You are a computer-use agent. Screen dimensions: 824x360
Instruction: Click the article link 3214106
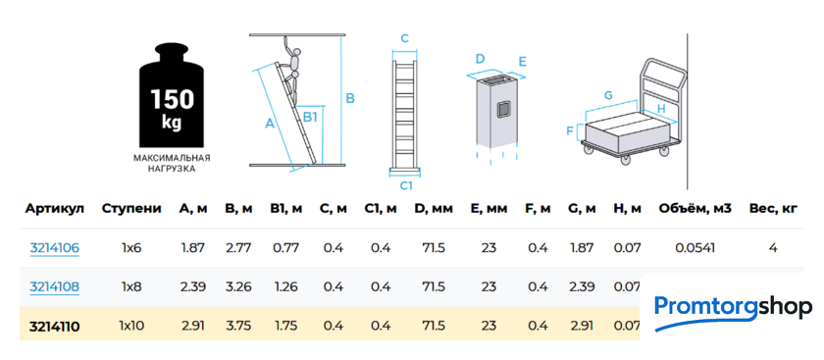tap(55, 247)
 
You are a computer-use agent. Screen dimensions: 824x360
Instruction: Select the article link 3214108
tap(55, 287)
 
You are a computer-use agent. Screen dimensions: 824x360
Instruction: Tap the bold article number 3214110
tap(55, 327)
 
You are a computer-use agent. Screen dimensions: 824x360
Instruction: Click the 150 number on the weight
tap(172, 100)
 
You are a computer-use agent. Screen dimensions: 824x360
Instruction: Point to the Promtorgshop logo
tap(733, 311)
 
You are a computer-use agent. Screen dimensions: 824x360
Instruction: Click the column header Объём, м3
tap(695, 209)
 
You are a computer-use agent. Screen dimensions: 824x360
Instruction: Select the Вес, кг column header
tap(773, 209)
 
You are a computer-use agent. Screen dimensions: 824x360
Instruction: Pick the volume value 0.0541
tap(695, 247)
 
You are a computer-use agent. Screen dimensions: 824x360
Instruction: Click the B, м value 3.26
tap(238, 287)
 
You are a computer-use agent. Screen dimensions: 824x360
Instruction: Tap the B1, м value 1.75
tap(285, 327)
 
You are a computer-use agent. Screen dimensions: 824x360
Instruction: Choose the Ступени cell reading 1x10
tap(131, 327)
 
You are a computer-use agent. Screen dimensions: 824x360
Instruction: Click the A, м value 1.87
tap(193, 247)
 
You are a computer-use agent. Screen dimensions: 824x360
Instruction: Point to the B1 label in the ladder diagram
tap(310, 117)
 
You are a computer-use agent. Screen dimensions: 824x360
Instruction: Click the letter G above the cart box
tap(608, 95)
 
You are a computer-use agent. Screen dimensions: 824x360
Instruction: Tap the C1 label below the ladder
tap(406, 185)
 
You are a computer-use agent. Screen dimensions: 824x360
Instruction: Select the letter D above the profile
tap(480, 58)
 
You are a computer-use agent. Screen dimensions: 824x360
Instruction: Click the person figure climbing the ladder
tap(290, 70)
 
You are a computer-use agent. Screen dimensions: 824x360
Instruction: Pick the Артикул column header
tap(55, 209)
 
